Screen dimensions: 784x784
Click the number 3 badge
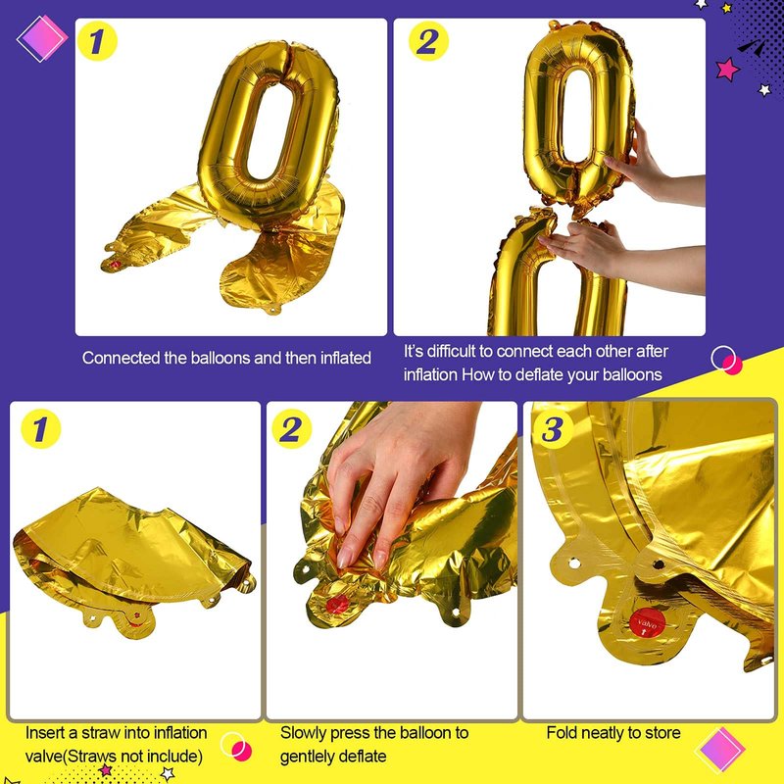tap(553, 429)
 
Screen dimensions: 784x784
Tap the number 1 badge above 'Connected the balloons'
tap(97, 41)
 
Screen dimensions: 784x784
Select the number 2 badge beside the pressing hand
tap(291, 429)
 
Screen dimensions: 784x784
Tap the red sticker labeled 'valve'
tap(648, 622)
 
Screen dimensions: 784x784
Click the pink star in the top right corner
tap(727, 69)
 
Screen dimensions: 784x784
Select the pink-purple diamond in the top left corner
tap(42, 38)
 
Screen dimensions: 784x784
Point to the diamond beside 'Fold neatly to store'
tap(720, 749)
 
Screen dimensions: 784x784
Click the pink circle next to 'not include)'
tap(241, 751)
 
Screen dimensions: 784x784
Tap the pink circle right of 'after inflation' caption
tap(732, 365)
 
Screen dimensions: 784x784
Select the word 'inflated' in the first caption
tap(346, 358)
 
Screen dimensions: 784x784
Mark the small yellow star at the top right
tap(727, 8)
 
